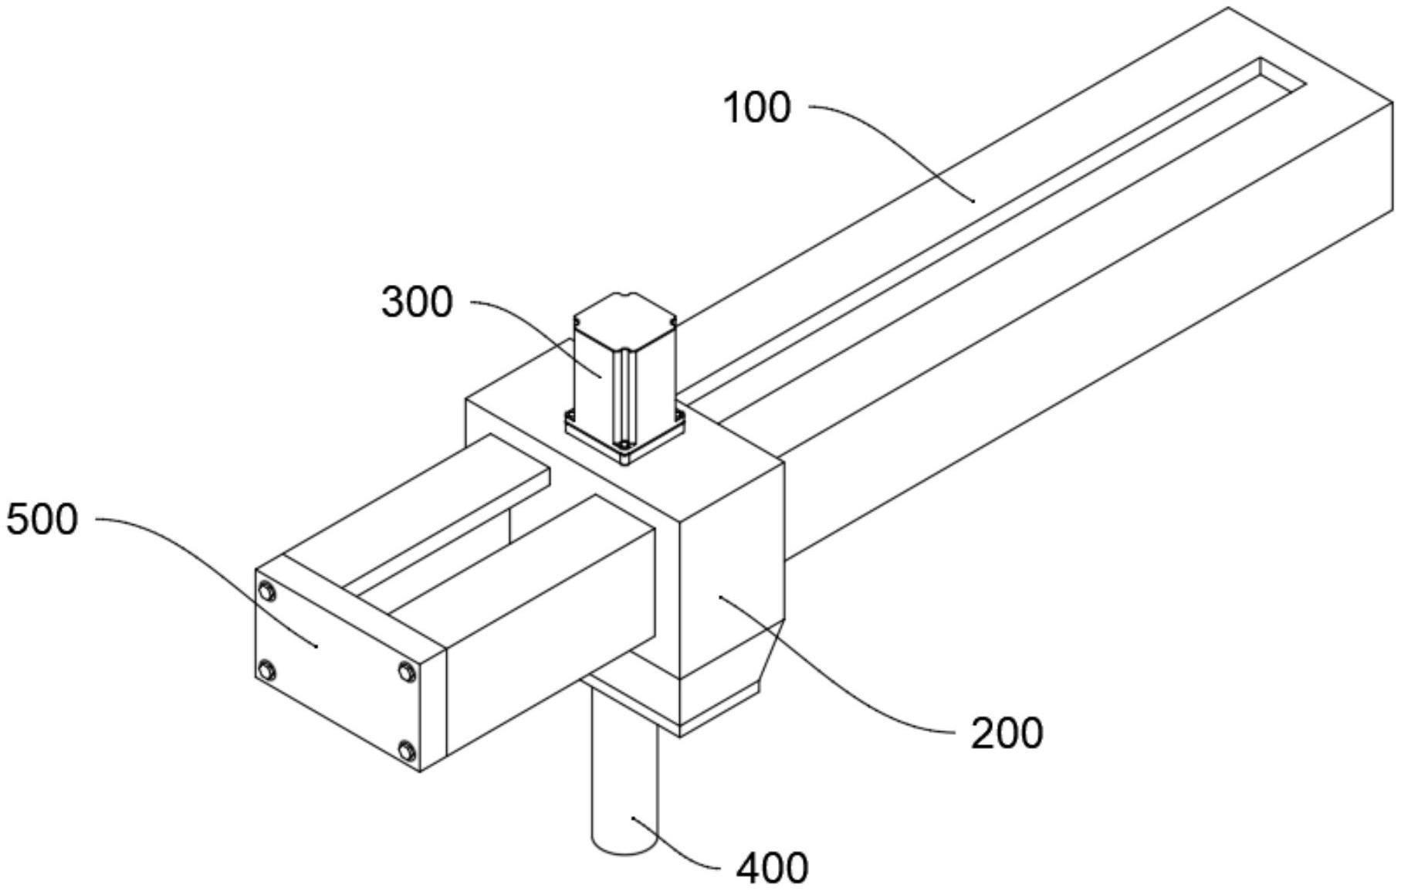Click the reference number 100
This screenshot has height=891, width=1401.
[757, 108]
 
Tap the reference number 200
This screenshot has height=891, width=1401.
[1007, 733]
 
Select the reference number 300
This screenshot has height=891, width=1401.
[417, 302]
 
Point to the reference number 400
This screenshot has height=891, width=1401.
[772, 869]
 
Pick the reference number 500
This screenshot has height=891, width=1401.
[42, 520]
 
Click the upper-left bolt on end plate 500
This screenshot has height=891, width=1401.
[268, 592]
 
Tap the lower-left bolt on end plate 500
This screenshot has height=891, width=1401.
[268, 669]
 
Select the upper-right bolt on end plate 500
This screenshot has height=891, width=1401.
[407, 672]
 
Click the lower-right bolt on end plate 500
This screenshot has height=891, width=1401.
[407, 750]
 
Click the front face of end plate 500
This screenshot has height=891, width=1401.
[338, 671]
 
